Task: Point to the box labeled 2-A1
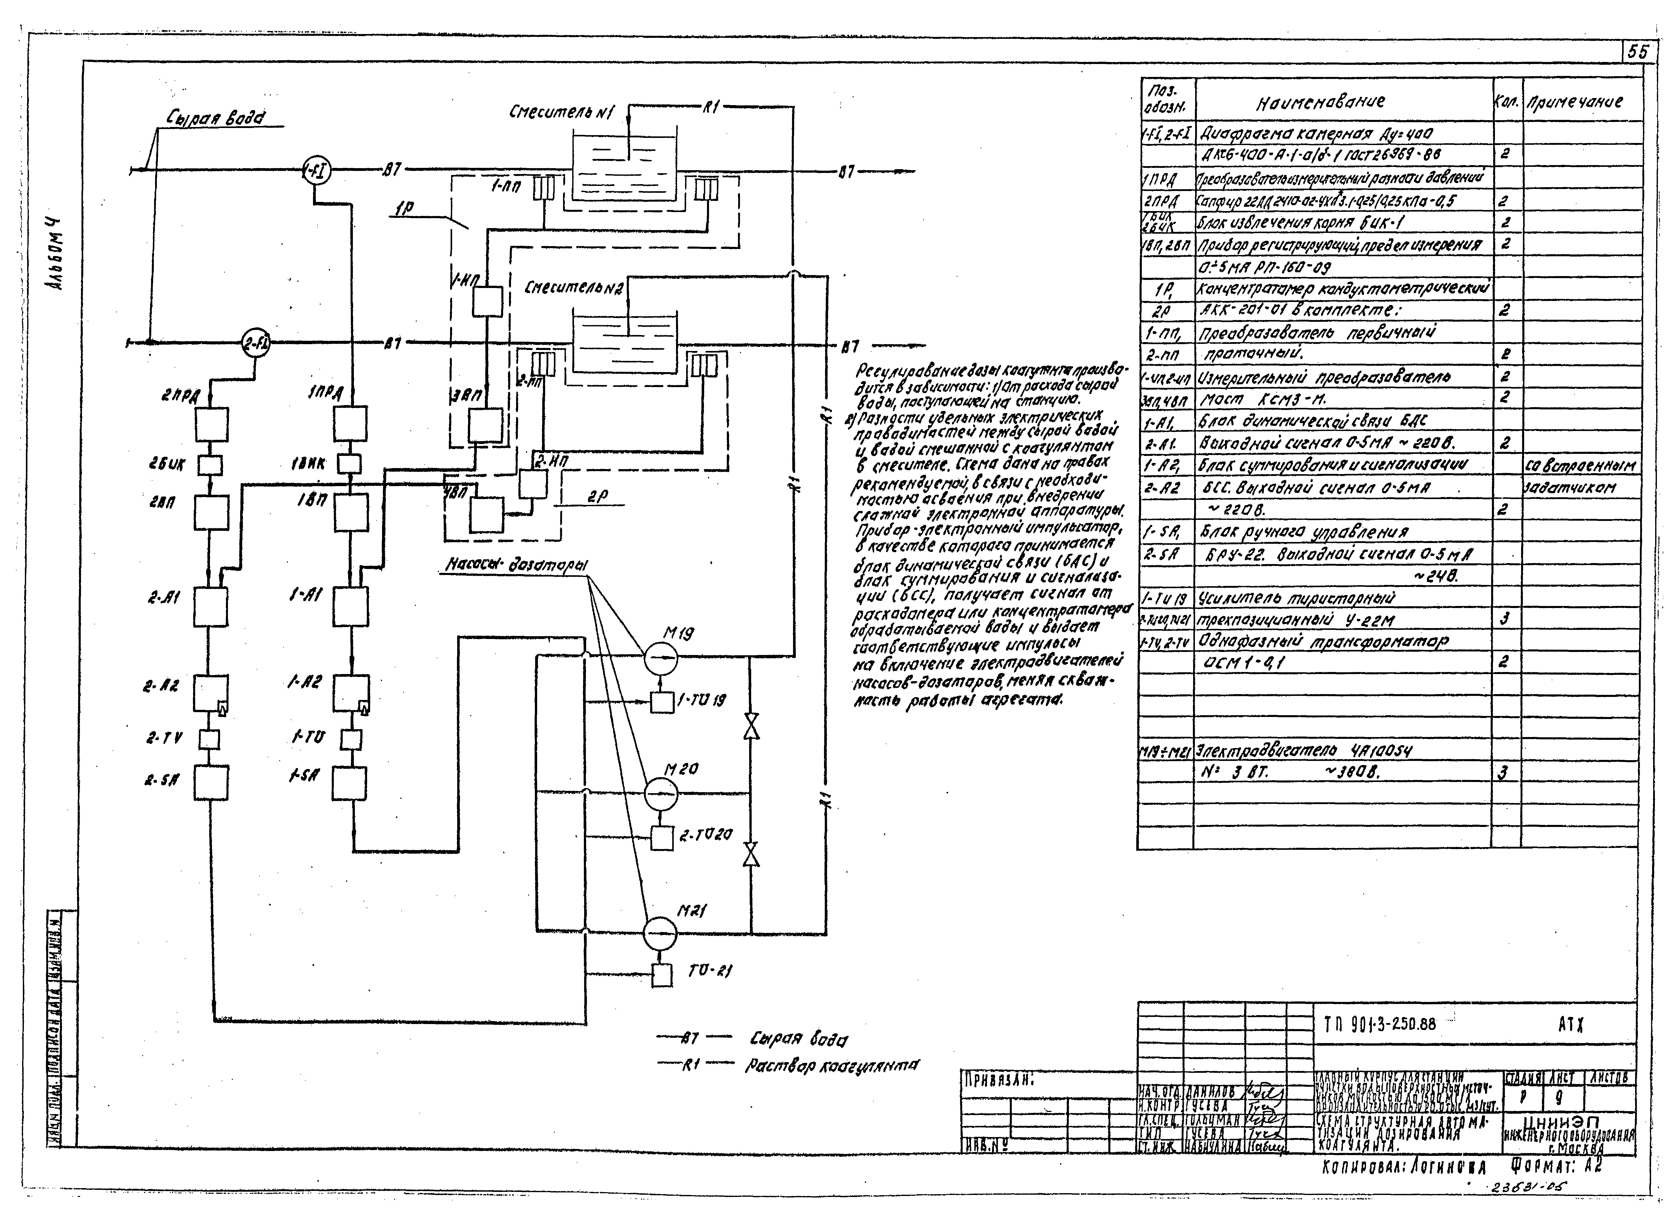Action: coord(211,606)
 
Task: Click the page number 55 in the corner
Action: coord(1638,51)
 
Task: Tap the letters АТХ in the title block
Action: coord(1571,1025)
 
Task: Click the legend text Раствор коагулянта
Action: coord(831,1066)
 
